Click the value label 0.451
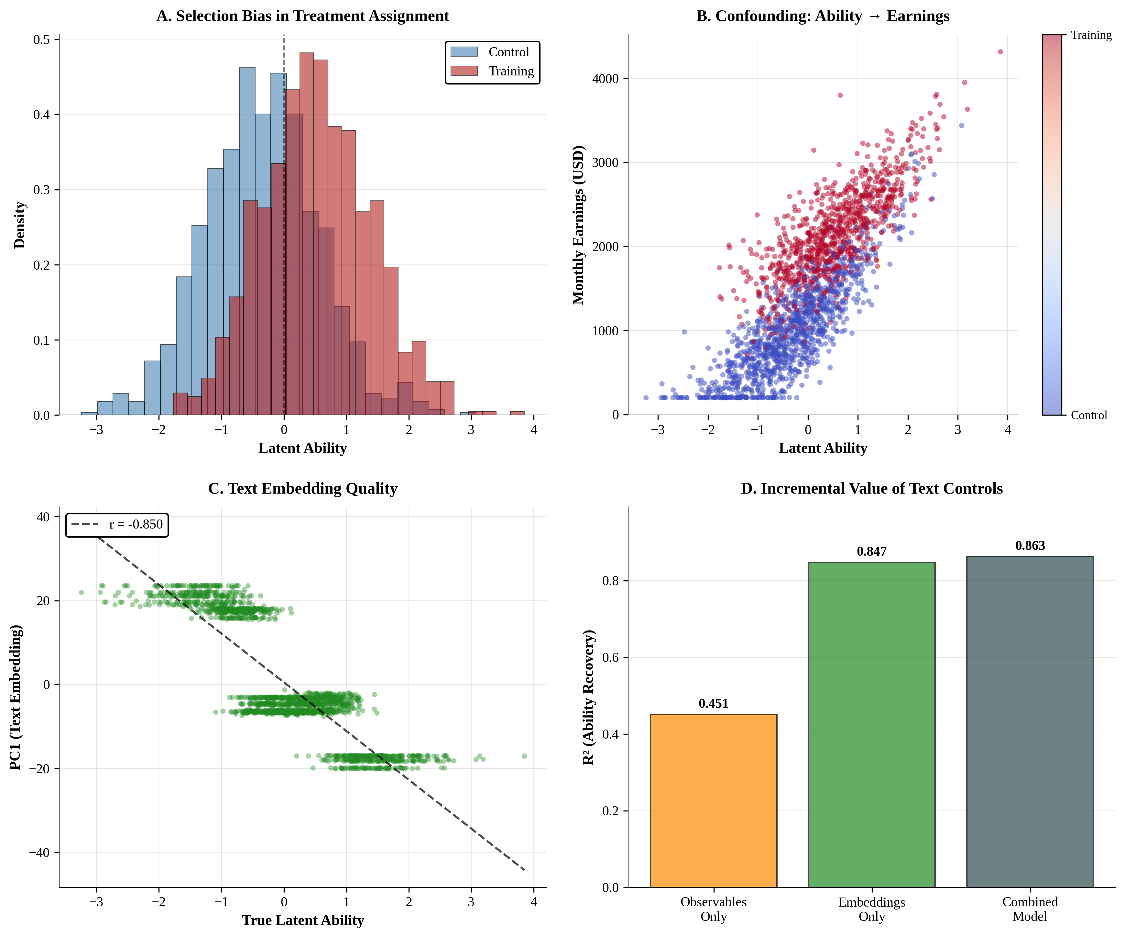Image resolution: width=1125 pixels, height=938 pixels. pos(713,704)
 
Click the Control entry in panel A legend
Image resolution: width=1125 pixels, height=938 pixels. pos(508,52)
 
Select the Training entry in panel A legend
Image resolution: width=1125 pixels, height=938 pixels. pos(510,71)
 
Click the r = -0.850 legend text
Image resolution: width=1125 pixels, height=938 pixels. pos(136,524)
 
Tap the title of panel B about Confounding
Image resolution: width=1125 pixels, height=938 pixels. pos(822,16)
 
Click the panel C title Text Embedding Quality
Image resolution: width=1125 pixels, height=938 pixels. pos(303,488)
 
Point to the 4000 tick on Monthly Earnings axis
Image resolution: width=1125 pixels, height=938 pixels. pos(605,79)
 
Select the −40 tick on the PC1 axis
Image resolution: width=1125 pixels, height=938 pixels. pos(39,852)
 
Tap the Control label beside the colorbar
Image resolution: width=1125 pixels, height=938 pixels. pos(1088,415)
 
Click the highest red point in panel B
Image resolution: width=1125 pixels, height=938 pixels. pos(999,52)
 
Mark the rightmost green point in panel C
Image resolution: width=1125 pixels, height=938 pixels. pos(524,756)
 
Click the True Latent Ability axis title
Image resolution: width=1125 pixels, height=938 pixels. pos(303,920)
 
